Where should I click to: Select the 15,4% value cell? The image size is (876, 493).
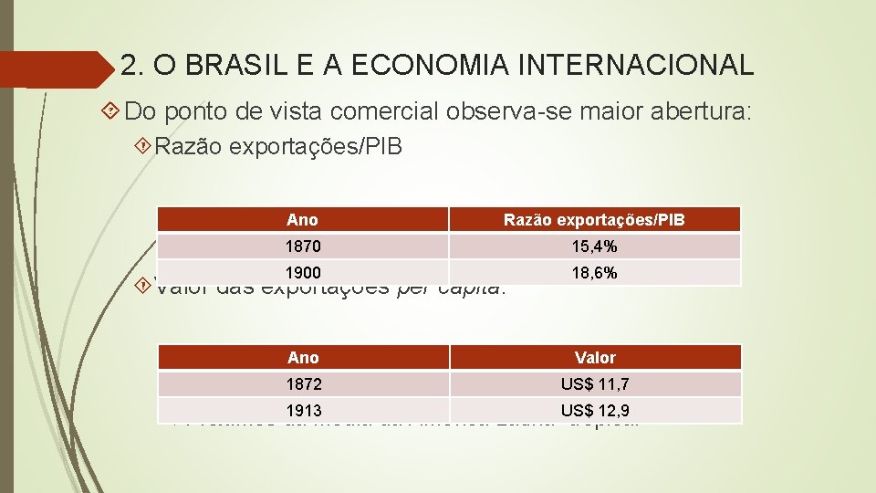pyautogui.click(x=594, y=246)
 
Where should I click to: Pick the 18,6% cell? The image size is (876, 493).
pyautogui.click(x=594, y=273)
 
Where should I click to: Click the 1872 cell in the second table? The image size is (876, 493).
pyautogui.click(x=302, y=384)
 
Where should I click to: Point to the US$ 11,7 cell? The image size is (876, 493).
pyautogui.click(x=594, y=384)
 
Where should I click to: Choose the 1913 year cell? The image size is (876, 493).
pyautogui.click(x=302, y=411)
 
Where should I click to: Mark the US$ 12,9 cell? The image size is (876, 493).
pyautogui.click(x=594, y=411)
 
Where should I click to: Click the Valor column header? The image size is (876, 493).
pyautogui.click(x=594, y=358)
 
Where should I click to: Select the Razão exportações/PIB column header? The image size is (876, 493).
pyautogui.click(x=594, y=220)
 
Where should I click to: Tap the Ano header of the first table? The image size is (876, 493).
pyautogui.click(x=301, y=220)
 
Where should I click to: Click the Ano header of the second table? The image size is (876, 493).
pyautogui.click(x=302, y=358)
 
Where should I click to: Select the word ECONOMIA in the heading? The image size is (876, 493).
pyautogui.click(x=427, y=66)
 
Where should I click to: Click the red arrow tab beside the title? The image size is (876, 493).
pyautogui.click(x=55, y=68)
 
